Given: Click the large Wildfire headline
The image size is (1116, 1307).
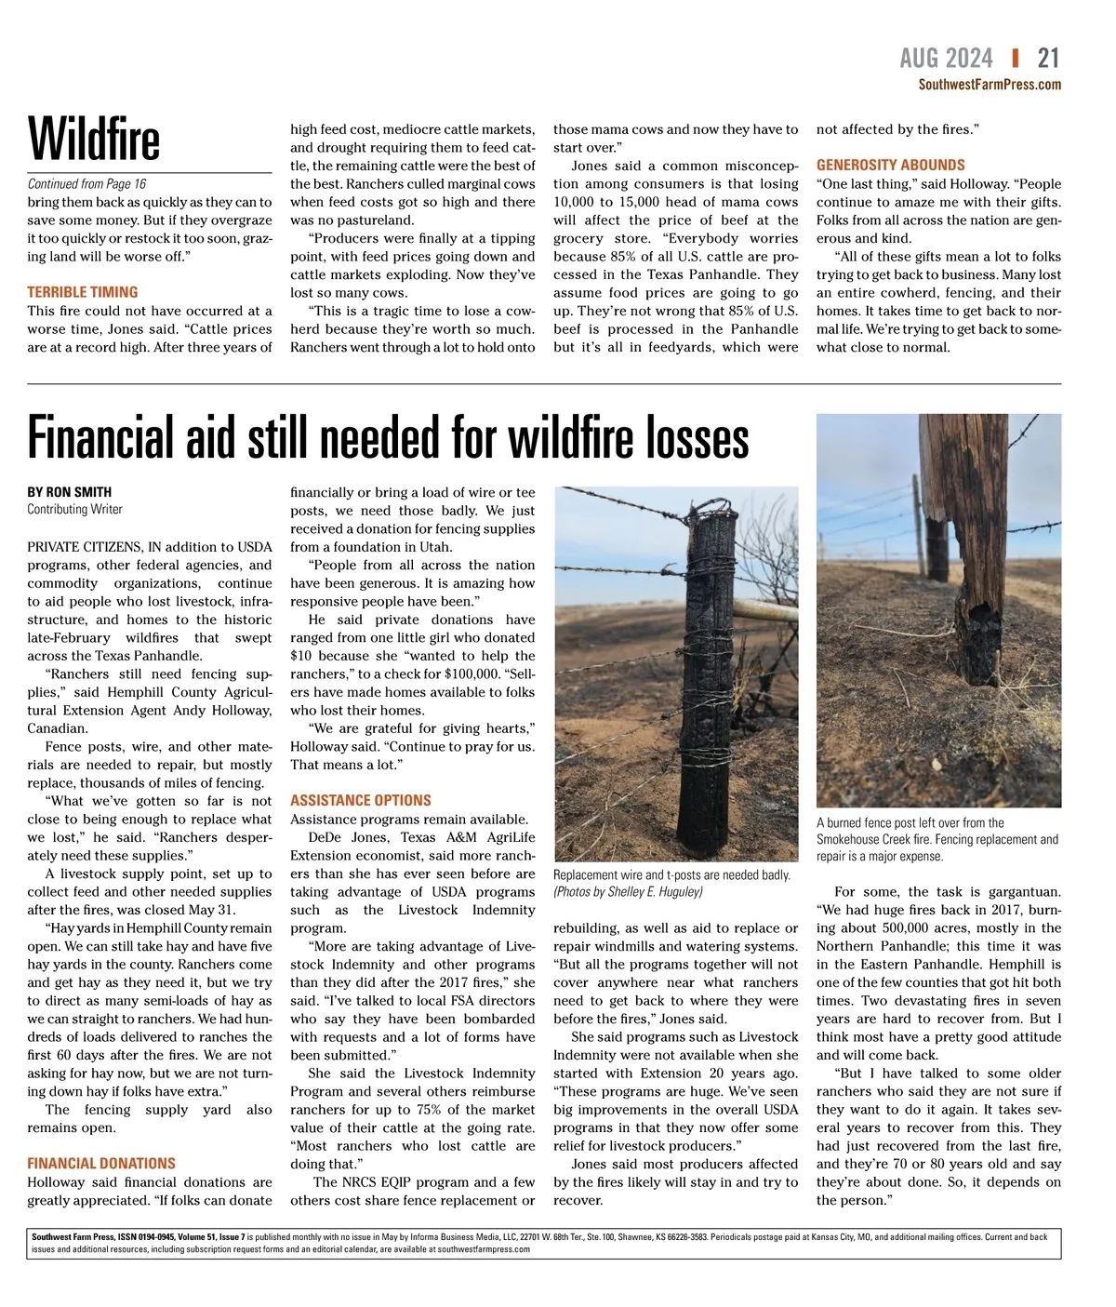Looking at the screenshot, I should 94,140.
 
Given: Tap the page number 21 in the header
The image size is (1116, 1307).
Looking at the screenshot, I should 1048,59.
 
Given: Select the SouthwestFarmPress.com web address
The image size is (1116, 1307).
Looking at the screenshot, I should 990,85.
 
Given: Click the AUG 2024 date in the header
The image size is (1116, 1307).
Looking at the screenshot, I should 946,59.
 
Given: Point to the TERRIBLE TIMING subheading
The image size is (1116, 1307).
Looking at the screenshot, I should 83,292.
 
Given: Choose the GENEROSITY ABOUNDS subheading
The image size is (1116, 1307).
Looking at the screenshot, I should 891,165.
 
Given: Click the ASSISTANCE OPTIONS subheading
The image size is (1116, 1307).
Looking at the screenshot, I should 361,800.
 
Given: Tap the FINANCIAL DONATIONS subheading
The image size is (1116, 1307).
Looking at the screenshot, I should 101,1164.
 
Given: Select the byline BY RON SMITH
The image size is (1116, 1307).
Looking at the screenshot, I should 70,492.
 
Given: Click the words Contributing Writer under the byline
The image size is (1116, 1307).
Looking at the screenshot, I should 74,509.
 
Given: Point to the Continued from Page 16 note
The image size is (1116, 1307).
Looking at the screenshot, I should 86,184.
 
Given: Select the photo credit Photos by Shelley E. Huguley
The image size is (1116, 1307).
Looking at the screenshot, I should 628,891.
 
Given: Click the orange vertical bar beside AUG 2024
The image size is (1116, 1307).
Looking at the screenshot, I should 1015,59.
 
